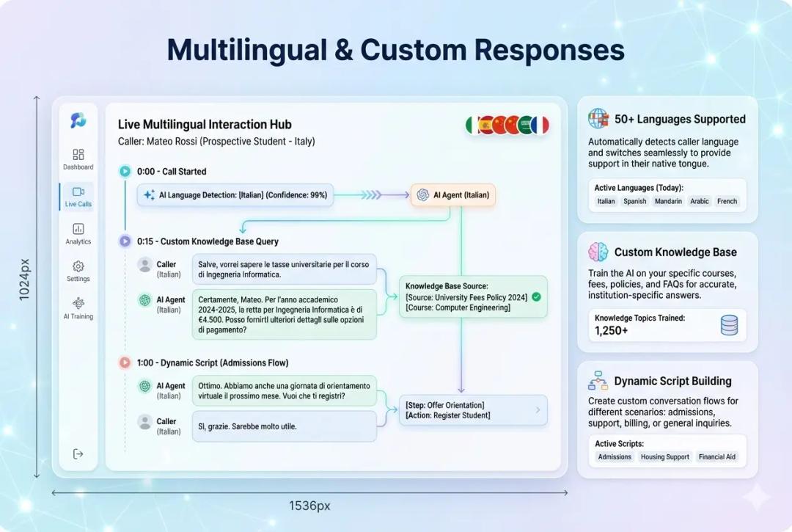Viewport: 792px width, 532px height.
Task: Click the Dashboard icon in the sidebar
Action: [78, 155]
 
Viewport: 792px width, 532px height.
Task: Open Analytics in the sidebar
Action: [78, 229]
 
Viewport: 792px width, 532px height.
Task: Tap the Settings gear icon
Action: [78, 266]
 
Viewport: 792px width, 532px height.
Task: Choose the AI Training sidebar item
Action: [78, 304]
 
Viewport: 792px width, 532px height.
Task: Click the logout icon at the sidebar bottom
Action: [78, 454]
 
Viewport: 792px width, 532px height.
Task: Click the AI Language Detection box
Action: [235, 195]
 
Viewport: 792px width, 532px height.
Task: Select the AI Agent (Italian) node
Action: [453, 195]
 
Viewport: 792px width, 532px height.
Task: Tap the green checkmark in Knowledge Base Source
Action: [536, 296]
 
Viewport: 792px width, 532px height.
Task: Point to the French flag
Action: [540, 125]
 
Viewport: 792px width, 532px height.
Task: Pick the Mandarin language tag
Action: [667, 201]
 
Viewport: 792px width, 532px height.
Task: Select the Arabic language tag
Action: [700, 201]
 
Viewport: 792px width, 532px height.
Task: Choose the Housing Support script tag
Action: [664, 456]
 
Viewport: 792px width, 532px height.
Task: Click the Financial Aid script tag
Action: [716, 456]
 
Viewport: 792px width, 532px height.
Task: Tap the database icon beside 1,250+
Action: [729, 325]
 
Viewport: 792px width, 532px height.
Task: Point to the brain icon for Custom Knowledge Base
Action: [598, 252]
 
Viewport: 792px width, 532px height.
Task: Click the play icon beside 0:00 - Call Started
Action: [125, 171]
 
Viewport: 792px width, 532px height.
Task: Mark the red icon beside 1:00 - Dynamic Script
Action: [125, 362]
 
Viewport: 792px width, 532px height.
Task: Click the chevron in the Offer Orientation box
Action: [538, 410]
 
